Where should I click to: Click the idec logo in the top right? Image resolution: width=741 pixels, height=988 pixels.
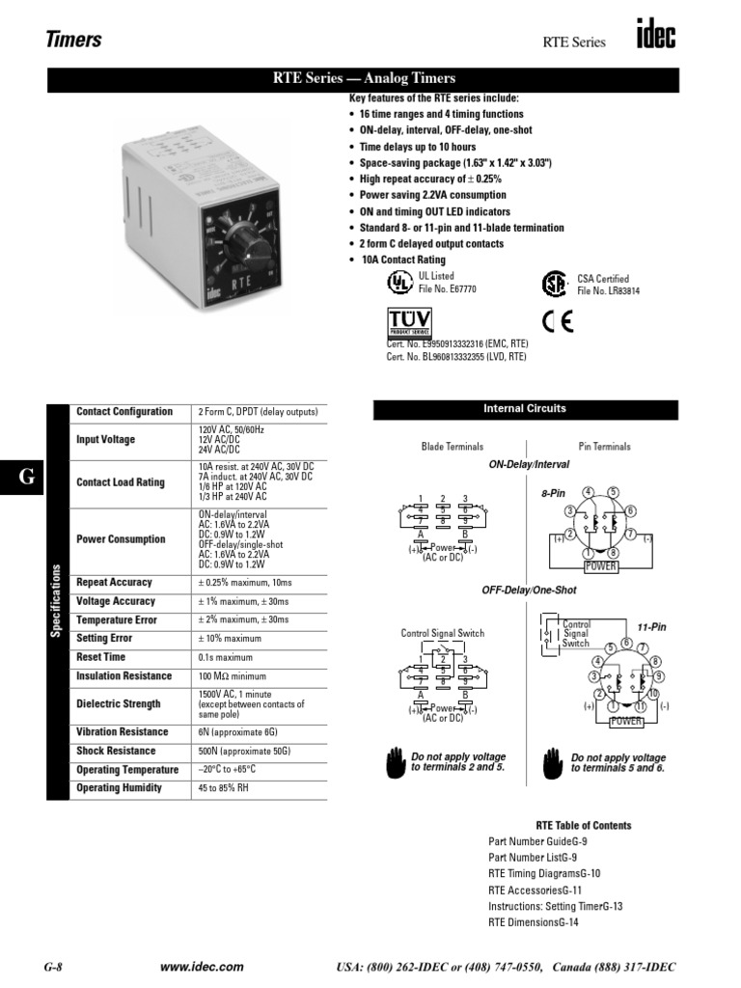tap(655, 37)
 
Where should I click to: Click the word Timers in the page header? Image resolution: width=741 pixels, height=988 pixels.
tap(74, 40)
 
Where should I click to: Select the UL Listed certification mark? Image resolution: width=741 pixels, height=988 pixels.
tap(398, 282)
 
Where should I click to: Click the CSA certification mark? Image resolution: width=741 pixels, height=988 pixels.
tap(554, 284)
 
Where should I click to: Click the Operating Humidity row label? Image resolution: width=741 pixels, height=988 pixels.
tap(120, 788)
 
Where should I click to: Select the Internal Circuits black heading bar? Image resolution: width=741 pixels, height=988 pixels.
tap(525, 409)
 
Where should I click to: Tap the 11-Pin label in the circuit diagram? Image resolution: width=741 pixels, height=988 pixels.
tap(651, 627)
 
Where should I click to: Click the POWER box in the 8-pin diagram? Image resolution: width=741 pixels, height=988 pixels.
tap(601, 565)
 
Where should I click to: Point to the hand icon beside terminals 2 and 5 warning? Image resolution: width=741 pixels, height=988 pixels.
tap(396, 762)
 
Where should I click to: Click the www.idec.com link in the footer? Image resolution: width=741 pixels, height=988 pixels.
tap(202, 967)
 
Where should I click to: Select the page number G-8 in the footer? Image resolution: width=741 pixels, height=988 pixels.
tap(54, 967)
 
